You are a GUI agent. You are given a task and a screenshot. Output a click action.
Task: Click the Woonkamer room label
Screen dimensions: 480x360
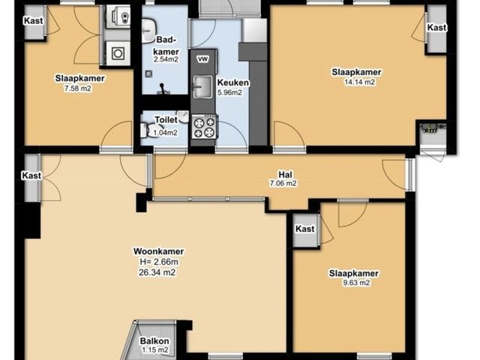tap(158, 251)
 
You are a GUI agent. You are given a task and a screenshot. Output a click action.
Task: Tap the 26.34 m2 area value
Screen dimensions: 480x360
tap(157, 272)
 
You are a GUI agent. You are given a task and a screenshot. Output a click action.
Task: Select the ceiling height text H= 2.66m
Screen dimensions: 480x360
tap(159, 262)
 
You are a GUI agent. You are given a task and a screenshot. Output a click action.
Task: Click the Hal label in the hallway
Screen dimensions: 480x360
tap(285, 175)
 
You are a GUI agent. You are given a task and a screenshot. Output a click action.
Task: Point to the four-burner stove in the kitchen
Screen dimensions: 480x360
tap(204, 127)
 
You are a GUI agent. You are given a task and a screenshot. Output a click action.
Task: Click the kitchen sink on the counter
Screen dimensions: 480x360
tap(202, 87)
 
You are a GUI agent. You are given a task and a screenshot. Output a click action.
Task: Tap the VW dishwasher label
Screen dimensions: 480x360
tap(202, 59)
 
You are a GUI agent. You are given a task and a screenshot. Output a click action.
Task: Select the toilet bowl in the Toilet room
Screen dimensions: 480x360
tap(148, 130)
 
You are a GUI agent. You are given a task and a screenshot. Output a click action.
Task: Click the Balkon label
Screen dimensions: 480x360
tap(154, 340)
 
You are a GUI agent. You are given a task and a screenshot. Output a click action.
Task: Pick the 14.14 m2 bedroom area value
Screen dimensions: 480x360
tap(360, 82)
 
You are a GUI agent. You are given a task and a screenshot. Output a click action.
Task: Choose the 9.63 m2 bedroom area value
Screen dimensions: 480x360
tap(356, 283)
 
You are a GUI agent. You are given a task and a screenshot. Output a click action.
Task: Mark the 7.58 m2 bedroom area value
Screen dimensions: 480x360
tap(78, 88)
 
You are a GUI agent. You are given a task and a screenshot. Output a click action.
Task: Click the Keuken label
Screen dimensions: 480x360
tap(233, 82)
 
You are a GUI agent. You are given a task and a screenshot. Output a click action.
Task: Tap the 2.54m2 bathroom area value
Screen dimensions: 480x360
tap(166, 59)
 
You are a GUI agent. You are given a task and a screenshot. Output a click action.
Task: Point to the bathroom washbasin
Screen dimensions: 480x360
tap(149, 30)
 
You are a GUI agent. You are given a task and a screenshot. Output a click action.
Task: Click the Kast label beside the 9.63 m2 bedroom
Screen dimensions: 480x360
tap(305, 229)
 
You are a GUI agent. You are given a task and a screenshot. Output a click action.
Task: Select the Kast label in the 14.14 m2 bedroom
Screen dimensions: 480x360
tap(436, 28)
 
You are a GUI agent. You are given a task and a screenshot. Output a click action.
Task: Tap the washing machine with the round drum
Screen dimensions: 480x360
tap(118, 53)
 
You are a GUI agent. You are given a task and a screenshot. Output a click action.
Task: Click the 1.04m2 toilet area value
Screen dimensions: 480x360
tap(166, 133)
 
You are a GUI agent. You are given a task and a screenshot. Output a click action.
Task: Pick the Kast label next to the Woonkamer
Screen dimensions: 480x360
tap(31, 175)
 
